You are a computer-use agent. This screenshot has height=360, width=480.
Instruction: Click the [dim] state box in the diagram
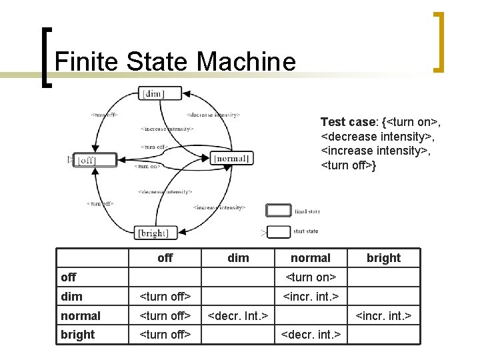152,93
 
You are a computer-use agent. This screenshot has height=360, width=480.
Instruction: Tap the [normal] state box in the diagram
231,158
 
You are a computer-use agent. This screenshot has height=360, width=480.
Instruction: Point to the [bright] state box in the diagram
153,233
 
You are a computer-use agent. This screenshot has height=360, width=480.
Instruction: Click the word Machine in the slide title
246,62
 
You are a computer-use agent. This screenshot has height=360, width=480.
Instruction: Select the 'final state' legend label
307,211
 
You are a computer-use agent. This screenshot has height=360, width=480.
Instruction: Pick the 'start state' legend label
307,231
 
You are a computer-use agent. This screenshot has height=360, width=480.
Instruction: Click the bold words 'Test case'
348,122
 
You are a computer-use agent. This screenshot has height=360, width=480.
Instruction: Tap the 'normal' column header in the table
311,258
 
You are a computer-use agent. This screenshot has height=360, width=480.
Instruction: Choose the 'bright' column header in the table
383,258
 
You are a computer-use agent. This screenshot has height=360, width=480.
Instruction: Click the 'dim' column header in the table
238,258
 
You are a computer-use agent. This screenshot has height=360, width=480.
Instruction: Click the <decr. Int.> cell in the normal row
238,315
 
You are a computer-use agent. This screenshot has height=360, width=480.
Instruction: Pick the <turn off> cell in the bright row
165,334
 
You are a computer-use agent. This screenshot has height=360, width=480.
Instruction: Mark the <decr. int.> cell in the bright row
311,334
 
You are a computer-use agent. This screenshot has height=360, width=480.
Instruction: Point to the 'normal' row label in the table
81,315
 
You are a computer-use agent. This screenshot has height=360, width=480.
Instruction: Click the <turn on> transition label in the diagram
147,166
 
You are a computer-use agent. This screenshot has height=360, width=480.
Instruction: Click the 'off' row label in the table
69,277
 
